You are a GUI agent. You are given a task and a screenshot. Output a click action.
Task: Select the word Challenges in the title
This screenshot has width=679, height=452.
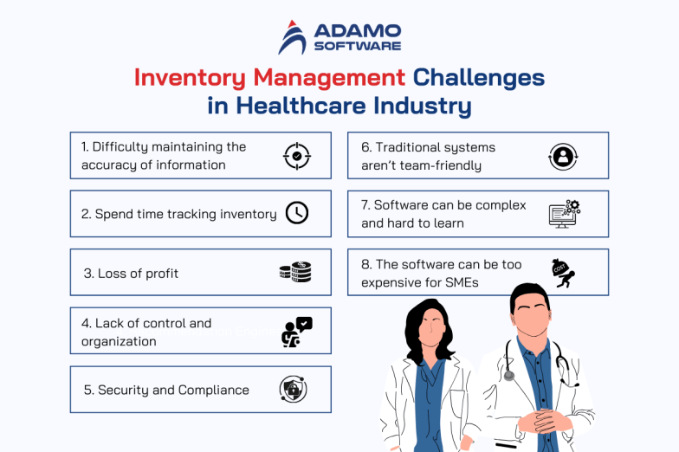pos(478,78)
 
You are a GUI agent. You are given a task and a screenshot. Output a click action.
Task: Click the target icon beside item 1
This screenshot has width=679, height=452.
pos(296,156)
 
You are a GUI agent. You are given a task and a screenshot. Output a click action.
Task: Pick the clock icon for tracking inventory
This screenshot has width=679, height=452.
pos(297,213)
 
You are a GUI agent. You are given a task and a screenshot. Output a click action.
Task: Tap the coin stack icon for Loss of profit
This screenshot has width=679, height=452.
pos(294,273)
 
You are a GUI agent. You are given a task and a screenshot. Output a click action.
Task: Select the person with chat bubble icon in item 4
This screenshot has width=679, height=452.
pos(296,332)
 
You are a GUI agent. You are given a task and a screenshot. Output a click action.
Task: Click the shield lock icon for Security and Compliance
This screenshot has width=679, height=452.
pos(293,390)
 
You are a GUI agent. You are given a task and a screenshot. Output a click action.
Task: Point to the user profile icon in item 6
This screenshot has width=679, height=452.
pos(563,156)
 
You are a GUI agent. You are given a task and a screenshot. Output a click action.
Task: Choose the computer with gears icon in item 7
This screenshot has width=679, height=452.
pos(565,213)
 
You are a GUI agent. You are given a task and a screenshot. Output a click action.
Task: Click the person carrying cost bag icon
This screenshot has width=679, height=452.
pos(564,273)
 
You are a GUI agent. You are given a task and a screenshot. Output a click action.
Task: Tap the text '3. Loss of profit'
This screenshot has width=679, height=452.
pos(131,274)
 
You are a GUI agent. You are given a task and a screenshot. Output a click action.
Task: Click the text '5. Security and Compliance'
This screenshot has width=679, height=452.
pos(166,391)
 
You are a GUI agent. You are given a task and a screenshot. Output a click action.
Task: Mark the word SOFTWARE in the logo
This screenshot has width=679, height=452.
pos(357,45)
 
